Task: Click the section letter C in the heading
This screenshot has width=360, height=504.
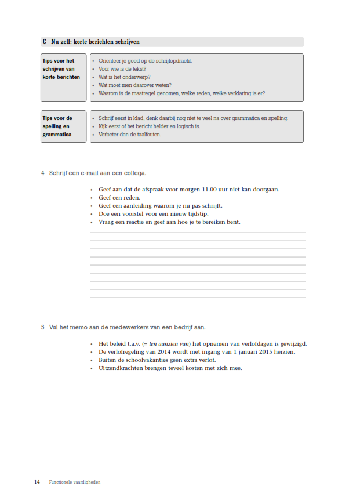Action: coord(45,42)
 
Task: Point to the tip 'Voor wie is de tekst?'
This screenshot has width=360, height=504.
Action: coord(121,68)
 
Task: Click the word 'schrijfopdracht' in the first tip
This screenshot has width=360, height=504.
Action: coord(174,60)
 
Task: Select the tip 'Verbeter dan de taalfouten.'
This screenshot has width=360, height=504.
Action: coord(129,135)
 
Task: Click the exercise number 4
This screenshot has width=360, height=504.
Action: coord(43,173)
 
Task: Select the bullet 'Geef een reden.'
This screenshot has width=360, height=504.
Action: coord(115,197)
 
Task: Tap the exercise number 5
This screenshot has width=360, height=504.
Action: coord(43,327)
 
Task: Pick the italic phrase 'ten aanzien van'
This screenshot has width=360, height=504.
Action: coord(166,343)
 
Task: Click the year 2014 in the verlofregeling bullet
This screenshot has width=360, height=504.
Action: coord(161,351)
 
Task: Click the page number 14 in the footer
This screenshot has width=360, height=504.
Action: coord(37,482)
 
